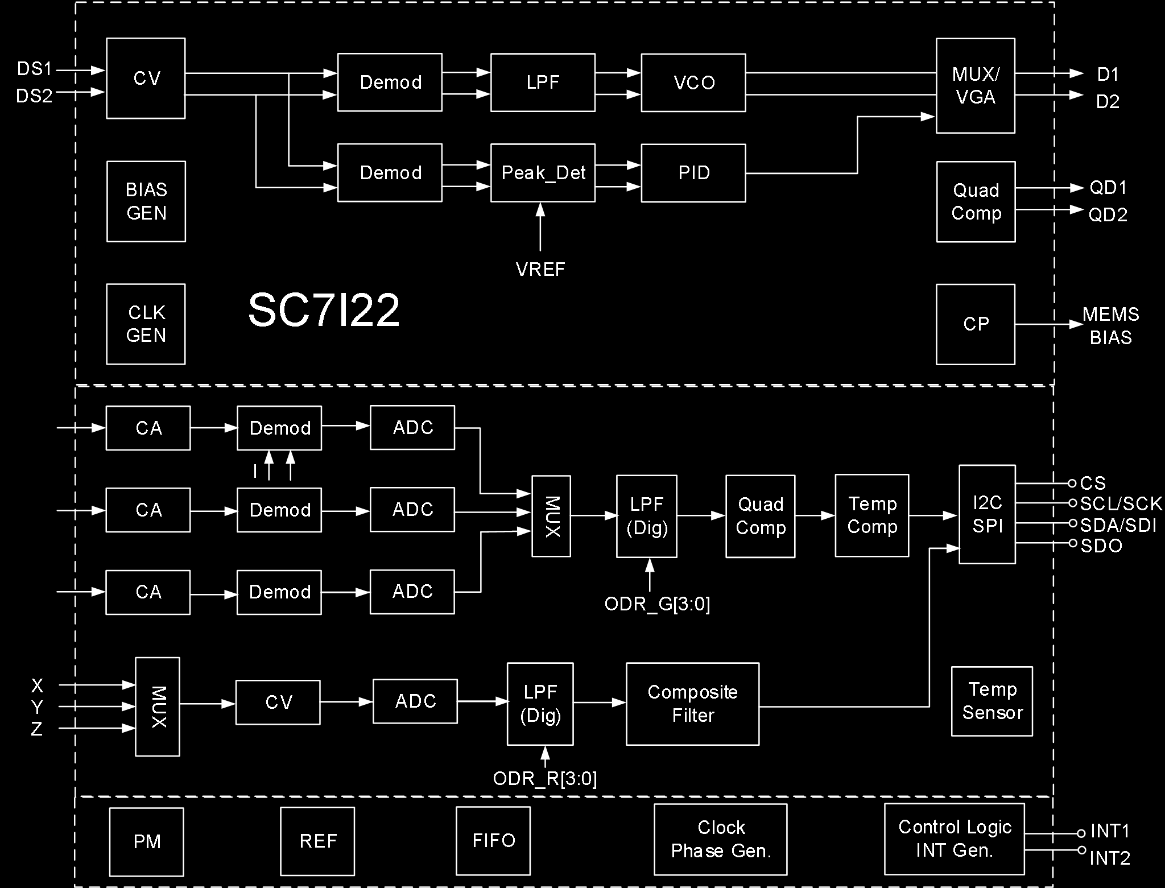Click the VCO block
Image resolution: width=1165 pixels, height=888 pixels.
point(693,83)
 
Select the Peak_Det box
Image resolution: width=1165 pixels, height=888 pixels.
point(543,173)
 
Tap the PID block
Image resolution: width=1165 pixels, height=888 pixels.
point(693,173)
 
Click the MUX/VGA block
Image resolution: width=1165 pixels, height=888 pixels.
point(976,86)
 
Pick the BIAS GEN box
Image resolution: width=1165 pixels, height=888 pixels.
point(146,201)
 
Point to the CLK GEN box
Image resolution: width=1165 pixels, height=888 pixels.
point(146,324)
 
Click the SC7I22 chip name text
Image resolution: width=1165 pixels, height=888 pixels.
point(324,311)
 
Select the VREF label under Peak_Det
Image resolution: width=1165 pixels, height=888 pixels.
point(540,269)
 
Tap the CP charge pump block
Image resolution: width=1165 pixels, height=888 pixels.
point(976,324)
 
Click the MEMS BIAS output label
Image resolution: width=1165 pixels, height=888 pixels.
point(1110,326)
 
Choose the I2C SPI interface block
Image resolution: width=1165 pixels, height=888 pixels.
point(987,514)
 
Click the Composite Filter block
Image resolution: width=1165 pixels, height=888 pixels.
point(692,704)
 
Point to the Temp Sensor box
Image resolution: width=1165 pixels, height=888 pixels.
point(992,701)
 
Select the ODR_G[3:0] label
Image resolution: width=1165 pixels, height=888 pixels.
point(657,604)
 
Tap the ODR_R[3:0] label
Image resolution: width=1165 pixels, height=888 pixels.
point(545,778)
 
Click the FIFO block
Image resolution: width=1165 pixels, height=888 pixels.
point(493,841)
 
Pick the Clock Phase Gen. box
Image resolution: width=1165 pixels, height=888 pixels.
point(720,839)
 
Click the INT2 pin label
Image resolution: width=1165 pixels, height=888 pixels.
point(1109,858)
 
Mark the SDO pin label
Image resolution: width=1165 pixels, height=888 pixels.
point(1101,546)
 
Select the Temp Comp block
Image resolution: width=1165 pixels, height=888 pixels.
point(871,515)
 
